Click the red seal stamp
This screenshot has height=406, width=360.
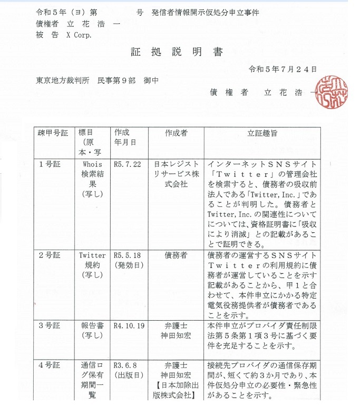(333, 92)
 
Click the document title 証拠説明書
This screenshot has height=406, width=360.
(177, 52)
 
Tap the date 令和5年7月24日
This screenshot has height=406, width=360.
(283, 69)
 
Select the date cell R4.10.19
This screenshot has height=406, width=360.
(129, 326)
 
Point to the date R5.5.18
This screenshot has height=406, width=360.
(127, 255)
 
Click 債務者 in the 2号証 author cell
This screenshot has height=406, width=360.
(176, 255)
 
